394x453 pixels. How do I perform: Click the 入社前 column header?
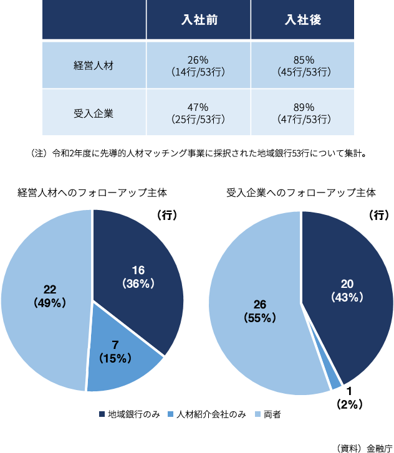199,21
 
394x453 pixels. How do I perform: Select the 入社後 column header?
303,21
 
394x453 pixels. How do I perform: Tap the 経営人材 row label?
94,65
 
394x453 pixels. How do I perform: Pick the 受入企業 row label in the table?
94,113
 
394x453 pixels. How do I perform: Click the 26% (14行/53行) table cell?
198,65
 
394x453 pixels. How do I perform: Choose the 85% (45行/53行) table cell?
303,65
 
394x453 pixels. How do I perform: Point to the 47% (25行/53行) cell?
198,113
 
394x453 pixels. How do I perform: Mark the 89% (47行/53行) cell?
303,113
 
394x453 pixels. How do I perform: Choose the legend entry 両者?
267,414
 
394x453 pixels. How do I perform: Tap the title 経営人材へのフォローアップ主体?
93,193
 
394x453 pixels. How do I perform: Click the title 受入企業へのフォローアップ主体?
301,193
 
